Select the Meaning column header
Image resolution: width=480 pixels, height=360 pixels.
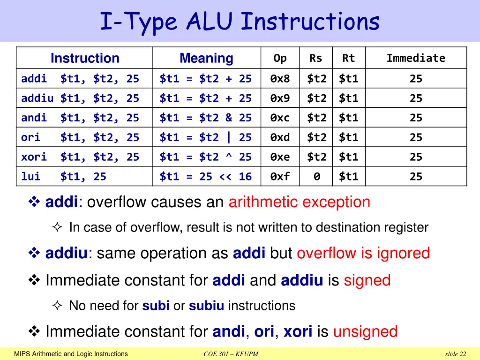point(206,58)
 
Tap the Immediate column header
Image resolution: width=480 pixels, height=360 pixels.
point(416,58)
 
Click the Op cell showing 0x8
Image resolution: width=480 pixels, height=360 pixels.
point(280,79)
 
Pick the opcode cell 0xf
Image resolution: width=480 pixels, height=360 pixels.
point(280,177)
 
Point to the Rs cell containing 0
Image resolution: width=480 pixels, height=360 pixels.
point(316,177)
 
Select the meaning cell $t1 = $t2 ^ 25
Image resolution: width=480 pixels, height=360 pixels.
point(205,157)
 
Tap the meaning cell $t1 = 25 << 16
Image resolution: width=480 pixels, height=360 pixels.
point(205,177)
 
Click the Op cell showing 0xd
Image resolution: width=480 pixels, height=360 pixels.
point(280,137)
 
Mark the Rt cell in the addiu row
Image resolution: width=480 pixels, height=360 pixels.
point(349,98)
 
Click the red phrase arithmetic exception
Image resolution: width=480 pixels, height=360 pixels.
point(299,202)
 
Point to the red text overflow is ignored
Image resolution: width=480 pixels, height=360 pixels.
point(363,254)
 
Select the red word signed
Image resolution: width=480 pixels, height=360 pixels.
point(367,281)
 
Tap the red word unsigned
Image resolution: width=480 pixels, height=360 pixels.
point(365,332)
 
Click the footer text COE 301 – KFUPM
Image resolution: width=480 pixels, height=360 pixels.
point(231,354)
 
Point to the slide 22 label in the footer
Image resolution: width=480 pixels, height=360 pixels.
point(456,354)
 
